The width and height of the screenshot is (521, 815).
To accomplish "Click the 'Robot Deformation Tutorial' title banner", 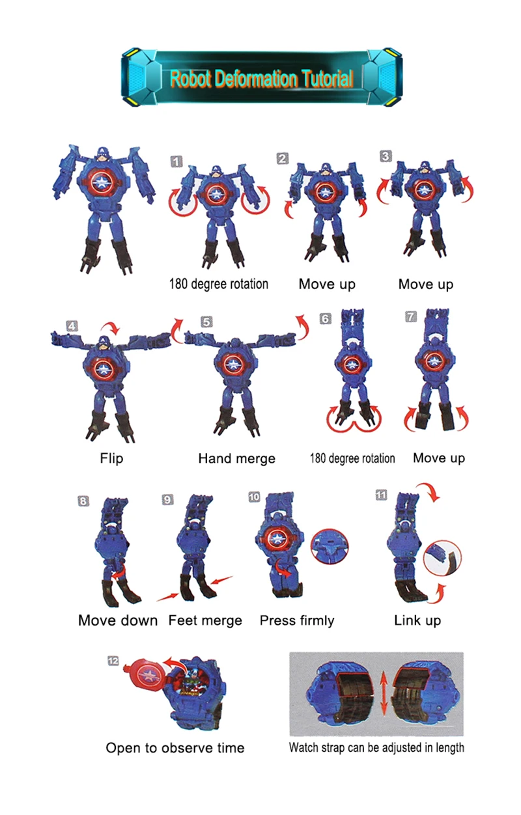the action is [x=261, y=77].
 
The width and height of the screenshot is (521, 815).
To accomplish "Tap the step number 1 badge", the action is [x=176, y=161].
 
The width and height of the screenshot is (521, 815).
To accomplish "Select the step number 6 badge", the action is [x=325, y=319].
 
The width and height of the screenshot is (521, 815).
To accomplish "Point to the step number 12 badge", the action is [x=113, y=661].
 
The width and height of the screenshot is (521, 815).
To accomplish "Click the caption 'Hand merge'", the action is [x=236, y=458].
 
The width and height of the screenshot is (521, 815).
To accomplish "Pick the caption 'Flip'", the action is [x=111, y=458].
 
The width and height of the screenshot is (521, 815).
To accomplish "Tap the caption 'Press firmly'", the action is [x=297, y=620].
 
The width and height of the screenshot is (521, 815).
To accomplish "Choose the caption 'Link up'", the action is [x=417, y=620].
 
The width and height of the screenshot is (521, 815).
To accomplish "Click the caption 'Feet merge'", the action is [x=205, y=620].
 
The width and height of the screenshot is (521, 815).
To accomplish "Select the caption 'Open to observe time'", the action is [x=175, y=748].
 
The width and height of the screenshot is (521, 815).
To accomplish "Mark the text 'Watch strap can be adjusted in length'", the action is [x=376, y=748].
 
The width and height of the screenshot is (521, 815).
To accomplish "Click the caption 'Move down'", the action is [x=118, y=620].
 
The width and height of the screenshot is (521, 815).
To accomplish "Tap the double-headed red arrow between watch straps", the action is [x=384, y=695].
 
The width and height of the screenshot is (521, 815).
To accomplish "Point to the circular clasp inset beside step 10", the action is [x=330, y=547].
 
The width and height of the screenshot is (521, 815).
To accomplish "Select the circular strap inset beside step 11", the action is [x=442, y=558].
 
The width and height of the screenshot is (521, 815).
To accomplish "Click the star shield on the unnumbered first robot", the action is [x=101, y=182].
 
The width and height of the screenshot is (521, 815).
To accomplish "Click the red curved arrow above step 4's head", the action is [x=111, y=327].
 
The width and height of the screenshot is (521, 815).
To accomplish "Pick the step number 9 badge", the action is [x=167, y=499].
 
